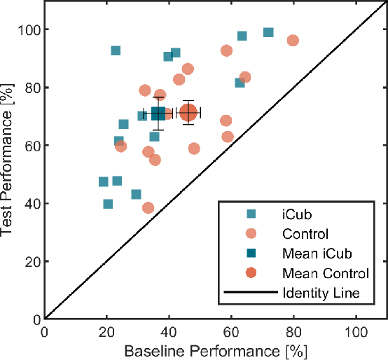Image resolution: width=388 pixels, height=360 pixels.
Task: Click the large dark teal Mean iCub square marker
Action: tap(158, 113)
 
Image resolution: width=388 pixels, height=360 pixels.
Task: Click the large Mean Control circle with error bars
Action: tap(188, 112)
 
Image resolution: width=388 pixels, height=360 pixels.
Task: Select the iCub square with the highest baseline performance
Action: tap(268, 32)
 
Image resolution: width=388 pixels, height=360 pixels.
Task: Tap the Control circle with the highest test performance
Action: tap(293, 41)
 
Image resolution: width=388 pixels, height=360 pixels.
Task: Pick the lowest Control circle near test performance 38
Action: tap(148, 207)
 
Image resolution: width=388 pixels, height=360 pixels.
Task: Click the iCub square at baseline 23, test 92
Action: tap(116, 50)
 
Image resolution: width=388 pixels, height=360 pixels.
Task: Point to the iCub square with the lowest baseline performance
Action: tap(104, 181)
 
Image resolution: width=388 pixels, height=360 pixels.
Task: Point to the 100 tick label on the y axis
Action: tap(29, 29)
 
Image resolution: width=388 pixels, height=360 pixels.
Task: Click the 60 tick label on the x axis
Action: tap(231, 331)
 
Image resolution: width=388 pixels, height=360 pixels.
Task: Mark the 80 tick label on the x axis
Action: tap(293, 331)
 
